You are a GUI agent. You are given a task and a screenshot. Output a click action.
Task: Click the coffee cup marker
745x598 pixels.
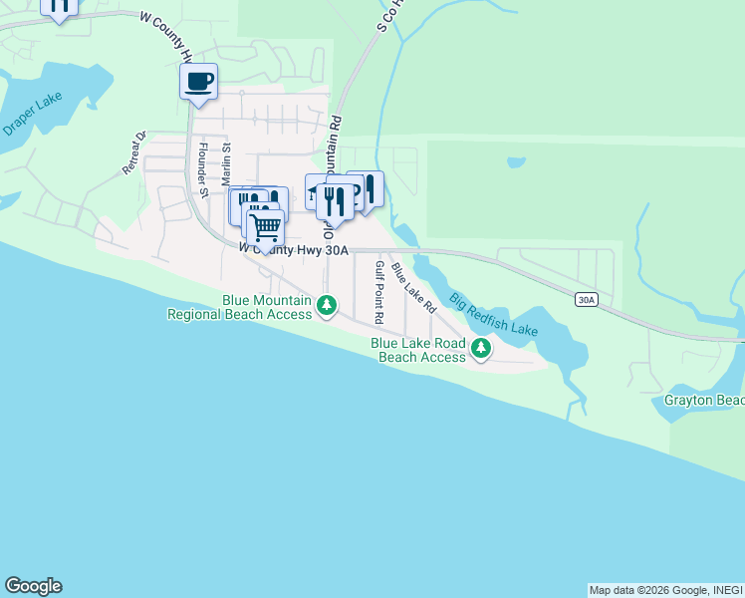tap(198, 81)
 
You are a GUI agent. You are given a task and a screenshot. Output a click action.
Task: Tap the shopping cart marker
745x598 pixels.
tap(265, 227)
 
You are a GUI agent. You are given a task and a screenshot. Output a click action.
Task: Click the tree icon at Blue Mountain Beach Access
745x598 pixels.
tap(327, 306)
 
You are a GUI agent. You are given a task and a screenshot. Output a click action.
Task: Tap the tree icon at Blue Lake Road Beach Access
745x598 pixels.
tap(481, 349)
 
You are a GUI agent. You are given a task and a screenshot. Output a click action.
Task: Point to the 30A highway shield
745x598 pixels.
tap(587, 298)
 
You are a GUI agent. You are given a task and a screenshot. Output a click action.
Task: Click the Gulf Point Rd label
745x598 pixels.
tap(378, 292)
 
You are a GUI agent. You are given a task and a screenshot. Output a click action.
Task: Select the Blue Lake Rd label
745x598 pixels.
tap(413, 288)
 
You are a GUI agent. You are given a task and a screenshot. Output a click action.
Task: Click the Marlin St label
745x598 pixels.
tap(226, 162)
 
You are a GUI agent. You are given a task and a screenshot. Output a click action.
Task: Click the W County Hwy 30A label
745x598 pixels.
tap(294, 250)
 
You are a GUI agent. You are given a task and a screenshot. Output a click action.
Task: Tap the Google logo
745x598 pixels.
tap(33, 585)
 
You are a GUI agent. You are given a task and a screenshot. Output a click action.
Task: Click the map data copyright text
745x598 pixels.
tap(664, 590)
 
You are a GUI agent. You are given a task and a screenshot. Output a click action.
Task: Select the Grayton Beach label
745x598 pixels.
tap(704, 401)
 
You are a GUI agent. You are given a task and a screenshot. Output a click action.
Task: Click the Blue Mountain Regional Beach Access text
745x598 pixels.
tap(240, 307)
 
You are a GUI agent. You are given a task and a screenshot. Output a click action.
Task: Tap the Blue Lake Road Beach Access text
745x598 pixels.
tap(418, 350)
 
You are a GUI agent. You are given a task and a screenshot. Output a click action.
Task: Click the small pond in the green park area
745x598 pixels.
tap(515, 161)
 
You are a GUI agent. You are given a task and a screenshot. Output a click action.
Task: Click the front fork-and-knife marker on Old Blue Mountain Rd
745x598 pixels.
tap(335, 201)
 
